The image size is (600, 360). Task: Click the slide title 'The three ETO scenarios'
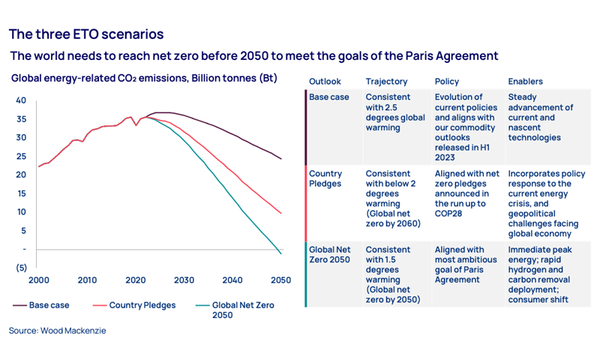(86, 34)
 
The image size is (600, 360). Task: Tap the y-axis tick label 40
(21, 100)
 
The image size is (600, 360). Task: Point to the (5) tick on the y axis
(21, 267)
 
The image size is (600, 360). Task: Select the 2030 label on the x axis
(184, 280)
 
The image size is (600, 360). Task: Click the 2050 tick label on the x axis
(281, 280)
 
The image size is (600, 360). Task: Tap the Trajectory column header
(387, 81)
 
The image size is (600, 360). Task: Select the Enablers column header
(526, 81)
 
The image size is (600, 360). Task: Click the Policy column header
(447, 81)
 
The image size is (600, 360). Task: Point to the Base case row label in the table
(329, 97)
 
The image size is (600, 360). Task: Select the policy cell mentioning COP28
(464, 188)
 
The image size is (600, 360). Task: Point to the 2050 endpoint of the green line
(281, 253)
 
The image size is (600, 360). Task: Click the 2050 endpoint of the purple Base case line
(281, 159)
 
